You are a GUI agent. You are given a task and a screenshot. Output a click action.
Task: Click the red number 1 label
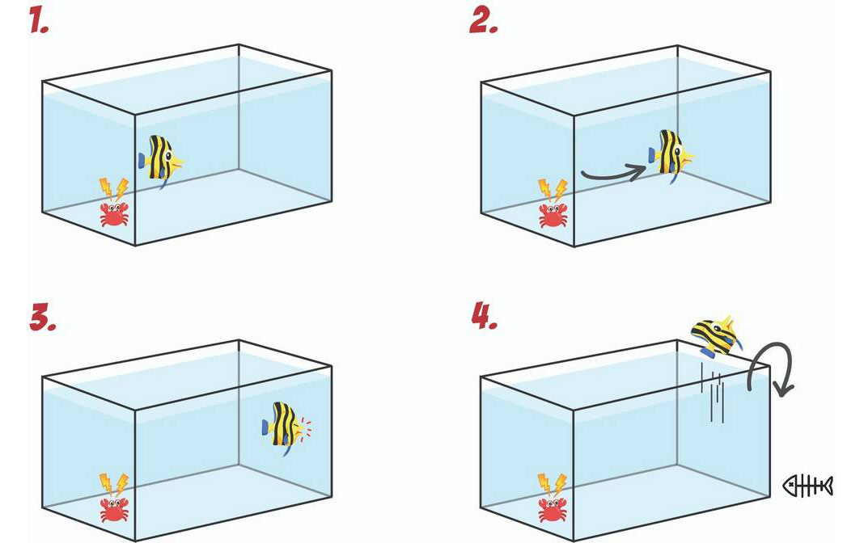pyautogui.click(x=39, y=22)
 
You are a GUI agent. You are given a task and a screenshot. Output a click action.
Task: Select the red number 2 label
pyautogui.click(x=484, y=22)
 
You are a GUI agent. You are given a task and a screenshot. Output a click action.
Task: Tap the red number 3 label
pyautogui.click(x=43, y=319)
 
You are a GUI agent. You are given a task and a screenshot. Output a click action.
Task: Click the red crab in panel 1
pyautogui.click(x=114, y=214)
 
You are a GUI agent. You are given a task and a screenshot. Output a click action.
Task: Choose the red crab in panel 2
pyautogui.click(x=553, y=215)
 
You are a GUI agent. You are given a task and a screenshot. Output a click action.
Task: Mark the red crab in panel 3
pyautogui.click(x=114, y=510)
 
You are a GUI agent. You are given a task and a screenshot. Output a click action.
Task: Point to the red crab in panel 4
pyautogui.click(x=553, y=510)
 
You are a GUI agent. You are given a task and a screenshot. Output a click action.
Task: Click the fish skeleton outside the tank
pyautogui.click(x=807, y=486)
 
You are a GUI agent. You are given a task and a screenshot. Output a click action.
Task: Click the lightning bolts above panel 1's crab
pyautogui.click(x=113, y=189)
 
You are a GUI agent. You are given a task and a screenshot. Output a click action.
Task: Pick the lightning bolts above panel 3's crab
pyautogui.click(x=113, y=485)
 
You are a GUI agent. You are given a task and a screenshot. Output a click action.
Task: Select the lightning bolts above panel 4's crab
pyautogui.click(x=552, y=485)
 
